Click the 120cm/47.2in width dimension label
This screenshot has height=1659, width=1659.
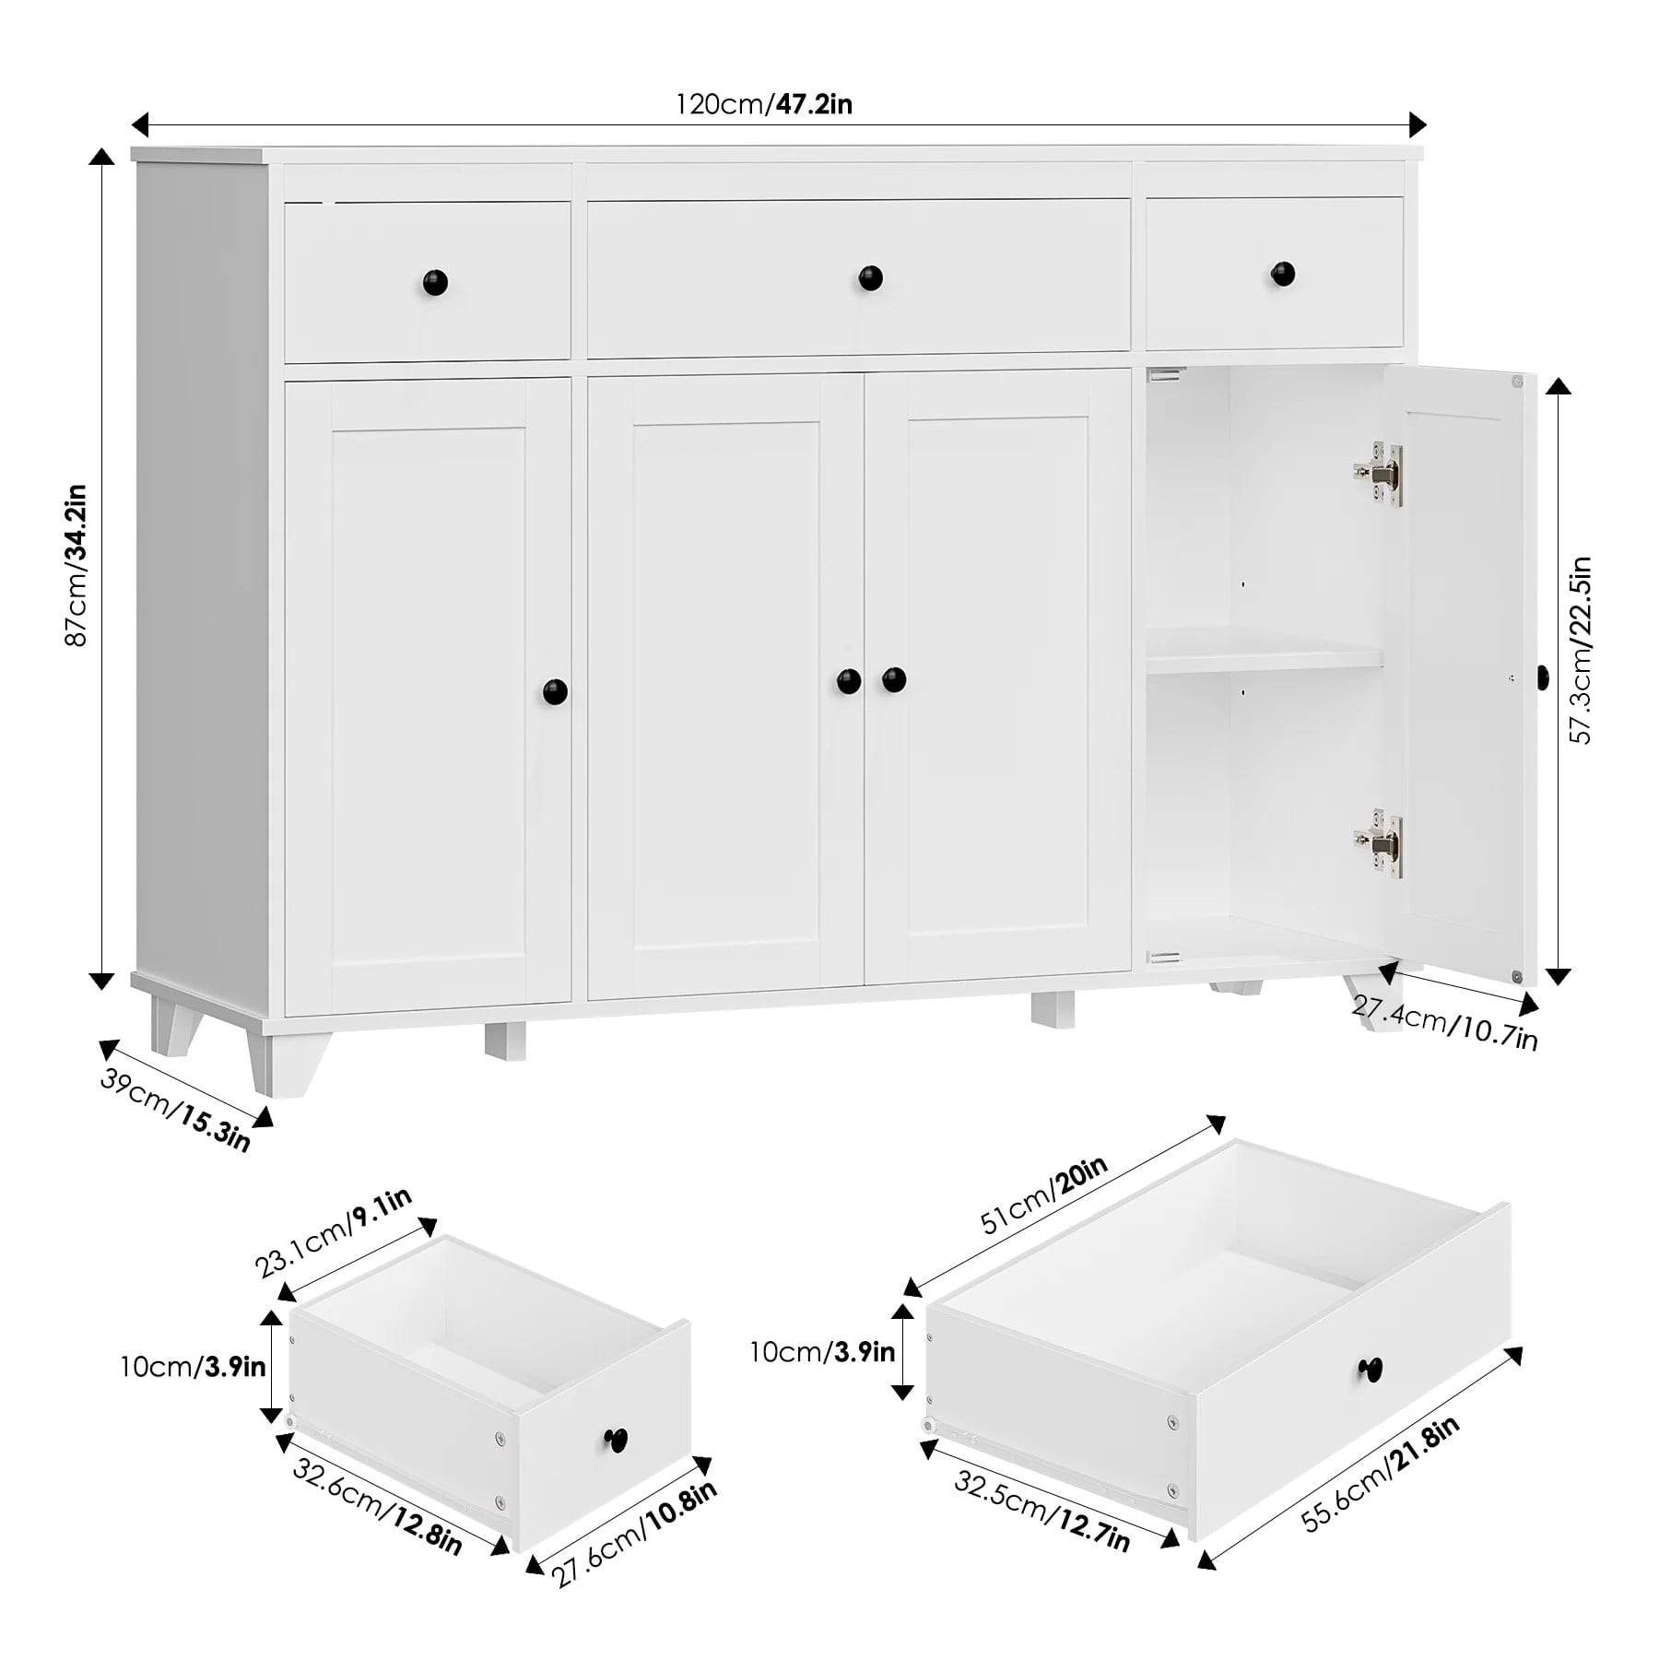pos(764,104)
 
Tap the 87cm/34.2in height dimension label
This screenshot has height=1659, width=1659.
pos(76,564)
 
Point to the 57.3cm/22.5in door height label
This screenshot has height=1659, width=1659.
pos(1582,650)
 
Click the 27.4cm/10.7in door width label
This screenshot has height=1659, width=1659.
pos(1444,1021)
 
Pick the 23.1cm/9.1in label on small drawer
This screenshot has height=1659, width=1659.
pos(334,1233)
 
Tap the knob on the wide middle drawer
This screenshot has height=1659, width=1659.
pos(870,277)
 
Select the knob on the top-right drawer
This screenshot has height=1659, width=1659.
pos(1283,274)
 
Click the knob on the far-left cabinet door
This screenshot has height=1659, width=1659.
pos(555,691)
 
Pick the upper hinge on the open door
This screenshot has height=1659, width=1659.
pos(1378,474)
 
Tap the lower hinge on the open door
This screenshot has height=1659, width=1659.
pos(1378,842)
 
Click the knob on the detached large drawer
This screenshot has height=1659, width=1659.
pos(1371,1368)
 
